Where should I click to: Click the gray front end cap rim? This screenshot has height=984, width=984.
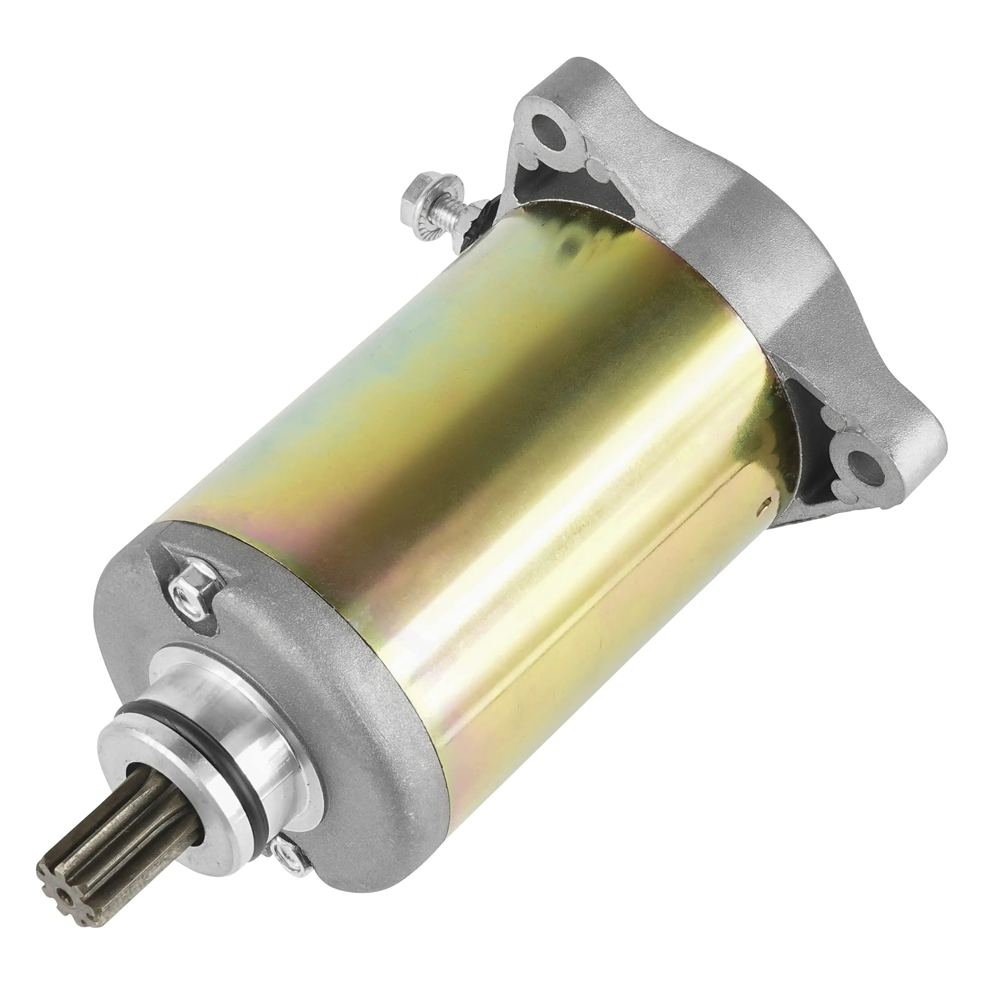tap(357, 764)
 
